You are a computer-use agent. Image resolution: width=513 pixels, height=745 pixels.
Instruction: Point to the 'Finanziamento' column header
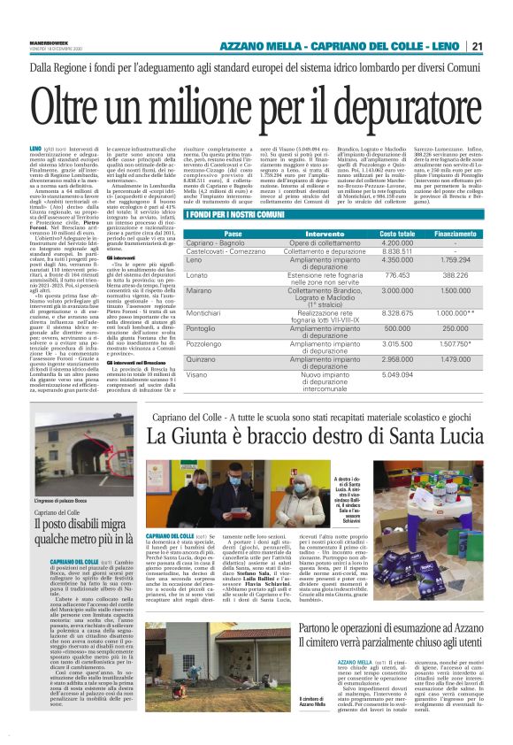[x=455, y=234]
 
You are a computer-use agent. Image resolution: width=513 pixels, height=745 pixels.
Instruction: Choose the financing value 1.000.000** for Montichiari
[x=456, y=314]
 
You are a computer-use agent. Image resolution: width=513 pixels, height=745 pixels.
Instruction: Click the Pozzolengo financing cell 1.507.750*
[x=456, y=343]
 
